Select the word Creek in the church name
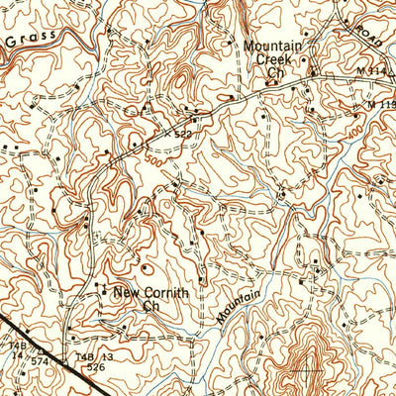click(276, 58)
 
